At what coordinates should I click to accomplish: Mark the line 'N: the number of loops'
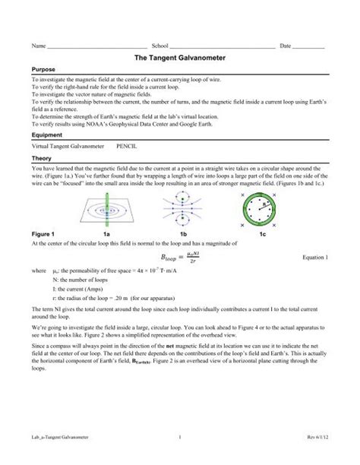click(x=79, y=280)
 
